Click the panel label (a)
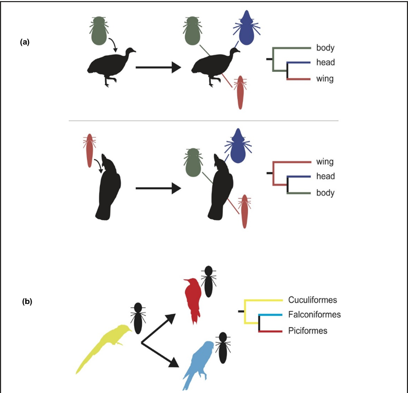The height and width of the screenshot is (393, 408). pos(24,42)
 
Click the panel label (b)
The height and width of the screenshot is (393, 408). pos(27,301)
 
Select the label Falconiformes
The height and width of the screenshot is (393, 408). pos(314,315)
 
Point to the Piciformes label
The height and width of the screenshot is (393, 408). pos(308,330)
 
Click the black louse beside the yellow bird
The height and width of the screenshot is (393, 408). pos(137,320)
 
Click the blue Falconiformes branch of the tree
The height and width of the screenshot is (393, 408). pos(271,315)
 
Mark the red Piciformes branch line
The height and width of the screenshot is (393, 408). pos(271,331)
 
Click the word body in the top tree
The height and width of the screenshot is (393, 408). pos(325,48)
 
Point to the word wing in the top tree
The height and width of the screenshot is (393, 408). pos(325,79)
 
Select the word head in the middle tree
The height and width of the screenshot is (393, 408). pos(325,176)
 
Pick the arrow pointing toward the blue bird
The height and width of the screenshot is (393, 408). pos(161,354)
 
